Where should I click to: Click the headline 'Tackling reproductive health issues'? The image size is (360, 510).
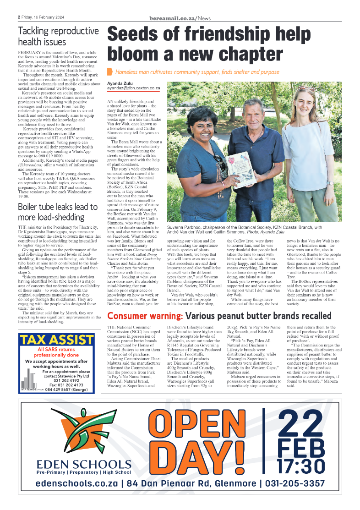(x=58, y=36)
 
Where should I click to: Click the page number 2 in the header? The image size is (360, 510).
(x=19, y=18)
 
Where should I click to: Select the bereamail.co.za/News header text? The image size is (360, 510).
(x=180, y=18)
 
